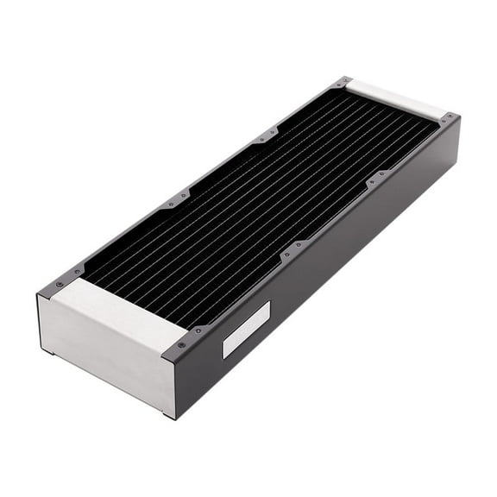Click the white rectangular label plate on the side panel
click(x=246, y=330)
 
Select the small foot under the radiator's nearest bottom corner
click(x=166, y=416)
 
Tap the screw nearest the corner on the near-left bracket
click(x=58, y=284)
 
